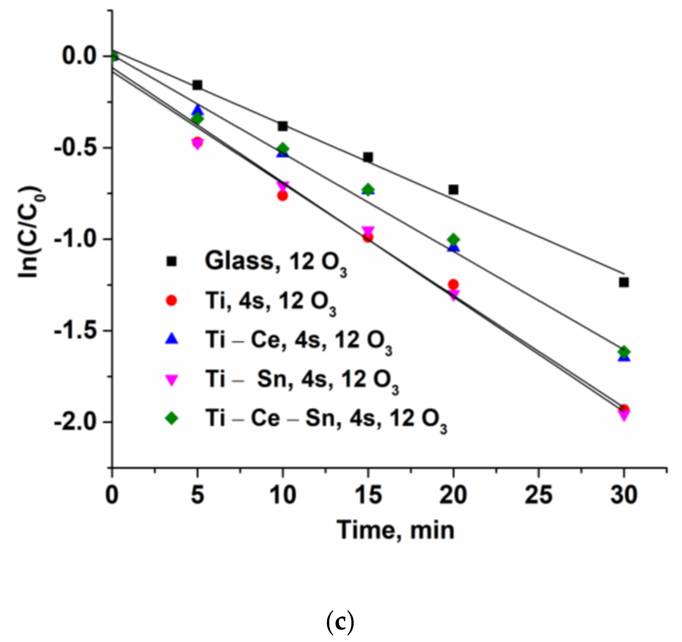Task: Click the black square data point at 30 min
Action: pyautogui.click(x=624, y=282)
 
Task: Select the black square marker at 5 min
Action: pyautogui.click(x=197, y=85)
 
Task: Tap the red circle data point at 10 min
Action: pyautogui.click(x=282, y=196)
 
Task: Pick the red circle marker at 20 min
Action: pyautogui.click(x=453, y=284)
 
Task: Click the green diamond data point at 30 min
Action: pyautogui.click(x=624, y=352)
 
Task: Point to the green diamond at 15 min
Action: pyautogui.click(x=368, y=189)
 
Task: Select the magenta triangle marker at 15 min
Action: pyautogui.click(x=368, y=231)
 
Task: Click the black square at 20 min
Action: pyautogui.click(x=453, y=189)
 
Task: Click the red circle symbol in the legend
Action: pyautogui.click(x=171, y=301)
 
